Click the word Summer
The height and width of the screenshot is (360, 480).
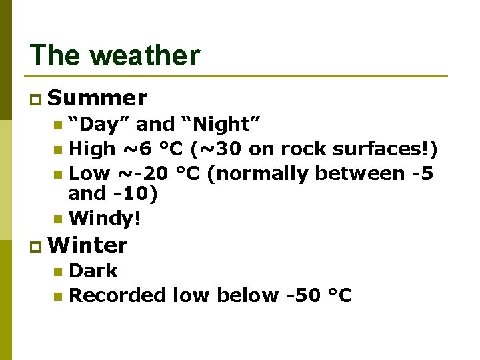coord(97,99)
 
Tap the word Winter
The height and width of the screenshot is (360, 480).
coord(88,245)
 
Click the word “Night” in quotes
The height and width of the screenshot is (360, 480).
coord(220,124)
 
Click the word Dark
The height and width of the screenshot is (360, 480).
coord(93,271)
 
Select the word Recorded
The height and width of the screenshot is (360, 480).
coord(117,295)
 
